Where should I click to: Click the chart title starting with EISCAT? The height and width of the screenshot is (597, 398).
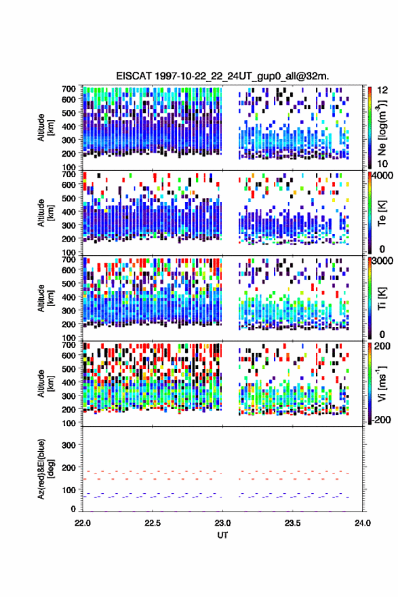(222, 76)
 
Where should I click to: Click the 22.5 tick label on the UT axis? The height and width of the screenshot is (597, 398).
(153, 523)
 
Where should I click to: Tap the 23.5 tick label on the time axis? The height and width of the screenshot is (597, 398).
(293, 523)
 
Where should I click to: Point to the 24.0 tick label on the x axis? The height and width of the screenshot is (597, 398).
(363, 523)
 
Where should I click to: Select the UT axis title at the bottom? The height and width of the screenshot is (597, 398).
(222, 535)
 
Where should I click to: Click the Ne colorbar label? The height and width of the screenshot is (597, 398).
(382, 128)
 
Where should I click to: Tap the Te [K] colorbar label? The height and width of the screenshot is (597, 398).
(382, 213)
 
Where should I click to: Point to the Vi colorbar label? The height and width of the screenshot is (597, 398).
(382, 384)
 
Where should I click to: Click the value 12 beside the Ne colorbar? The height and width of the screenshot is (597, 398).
(382, 90)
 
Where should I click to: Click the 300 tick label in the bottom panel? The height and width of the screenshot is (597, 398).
(69, 445)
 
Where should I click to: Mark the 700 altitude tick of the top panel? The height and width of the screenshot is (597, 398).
(69, 89)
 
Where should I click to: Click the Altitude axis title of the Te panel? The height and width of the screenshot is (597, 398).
(45, 213)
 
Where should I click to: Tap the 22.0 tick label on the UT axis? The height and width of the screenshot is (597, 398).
(83, 523)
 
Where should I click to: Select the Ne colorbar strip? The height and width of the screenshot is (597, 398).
(370, 128)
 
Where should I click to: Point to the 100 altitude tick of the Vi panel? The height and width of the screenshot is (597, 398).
(69, 423)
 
